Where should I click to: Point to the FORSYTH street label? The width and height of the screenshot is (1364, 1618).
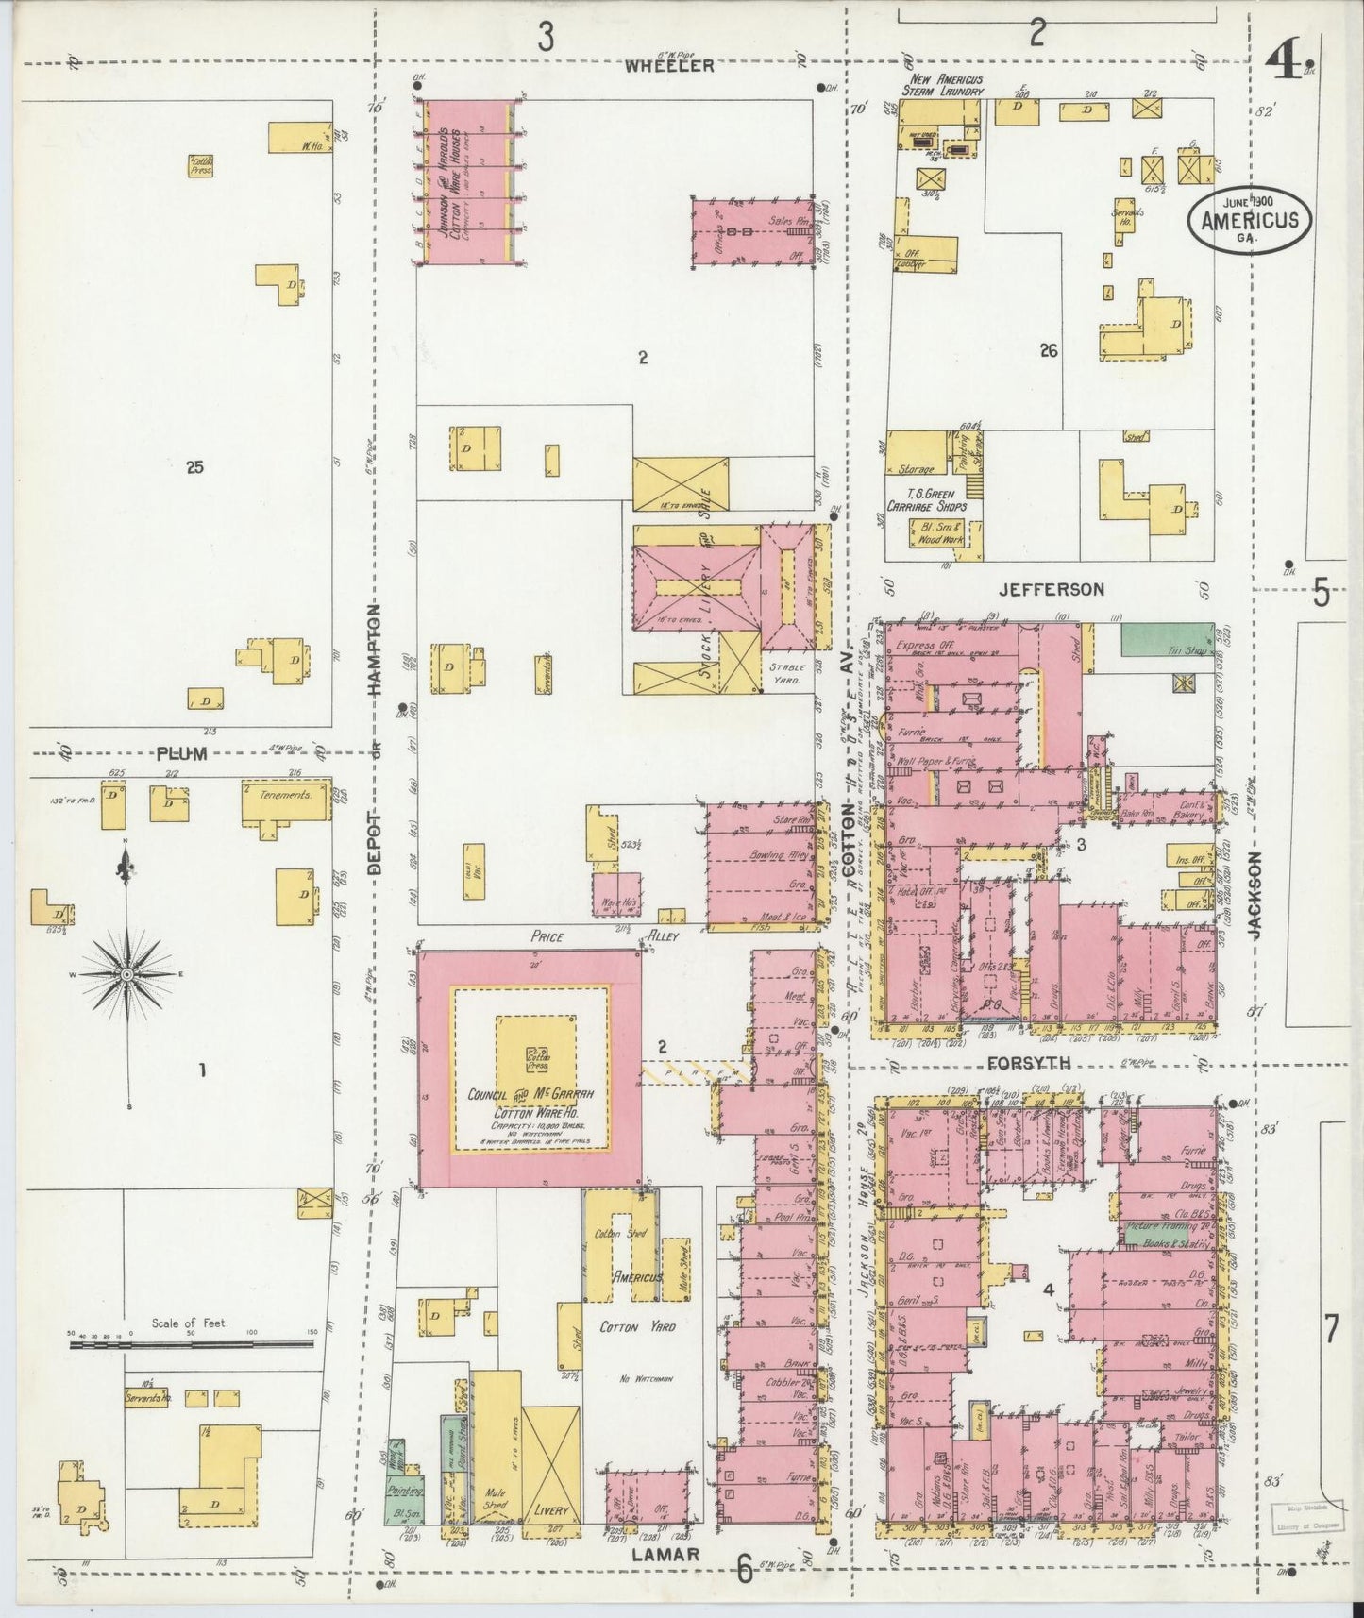[x=1028, y=1063]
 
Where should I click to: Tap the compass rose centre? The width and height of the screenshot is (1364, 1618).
[x=127, y=973]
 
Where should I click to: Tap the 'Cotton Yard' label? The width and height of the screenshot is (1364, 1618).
[x=638, y=1326]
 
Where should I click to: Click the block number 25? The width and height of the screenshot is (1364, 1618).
[x=195, y=466]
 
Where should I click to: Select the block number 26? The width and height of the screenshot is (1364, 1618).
[x=1048, y=351]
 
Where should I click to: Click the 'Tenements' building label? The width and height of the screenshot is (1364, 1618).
[x=286, y=795]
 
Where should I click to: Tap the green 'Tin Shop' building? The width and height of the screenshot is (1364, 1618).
[x=1167, y=640]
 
